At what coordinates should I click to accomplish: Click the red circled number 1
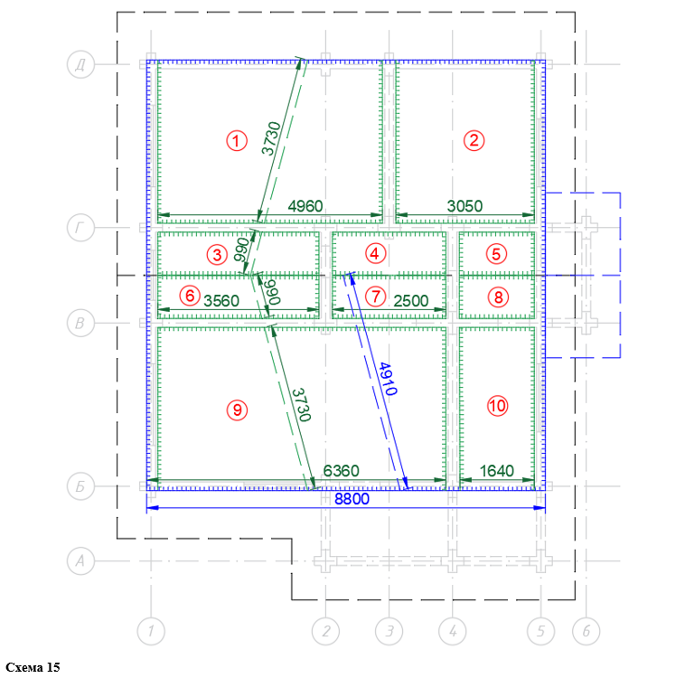(x=237, y=141)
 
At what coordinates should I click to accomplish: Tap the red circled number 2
(x=474, y=140)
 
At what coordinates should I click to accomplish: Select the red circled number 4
(x=375, y=253)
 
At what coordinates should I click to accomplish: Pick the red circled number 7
(x=376, y=297)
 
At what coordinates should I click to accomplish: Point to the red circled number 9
(x=237, y=410)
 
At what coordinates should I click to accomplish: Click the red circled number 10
(x=498, y=406)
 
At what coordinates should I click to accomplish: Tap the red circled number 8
(x=499, y=297)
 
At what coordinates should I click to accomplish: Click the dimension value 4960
(x=305, y=206)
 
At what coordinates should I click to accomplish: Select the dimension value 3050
(x=464, y=206)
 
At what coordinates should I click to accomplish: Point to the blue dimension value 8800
(x=352, y=499)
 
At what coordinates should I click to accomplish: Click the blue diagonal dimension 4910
(x=388, y=379)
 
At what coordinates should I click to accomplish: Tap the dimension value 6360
(x=342, y=471)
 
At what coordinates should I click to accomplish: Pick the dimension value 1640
(x=497, y=471)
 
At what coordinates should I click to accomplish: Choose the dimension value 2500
(x=410, y=301)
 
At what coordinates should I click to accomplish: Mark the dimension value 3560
(x=221, y=301)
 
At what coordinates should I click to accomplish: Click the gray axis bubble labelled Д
(x=80, y=65)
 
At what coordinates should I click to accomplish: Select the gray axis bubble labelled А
(x=80, y=560)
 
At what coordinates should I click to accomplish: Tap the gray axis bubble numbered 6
(x=586, y=631)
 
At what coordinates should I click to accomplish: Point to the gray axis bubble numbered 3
(x=389, y=631)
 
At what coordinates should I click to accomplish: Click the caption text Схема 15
(x=33, y=667)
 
